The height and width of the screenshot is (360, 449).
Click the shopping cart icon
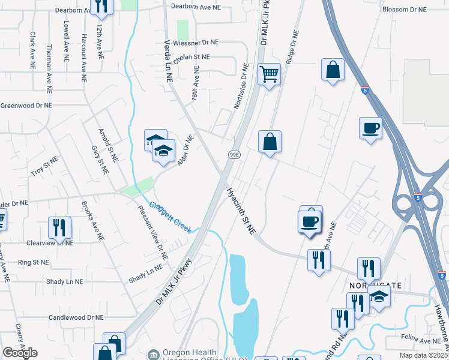pyautogui.click(x=270, y=75)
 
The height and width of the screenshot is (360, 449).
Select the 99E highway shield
pyautogui.click(x=235, y=155)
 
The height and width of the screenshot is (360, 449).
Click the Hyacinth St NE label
pyautogui.click(x=241, y=212)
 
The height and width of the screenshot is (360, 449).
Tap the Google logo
pyautogui.click(x=20, y=353)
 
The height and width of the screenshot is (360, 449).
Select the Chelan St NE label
pyautogui.click(x=191, y=58)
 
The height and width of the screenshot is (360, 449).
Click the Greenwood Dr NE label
pyautogui.click(x=26, y=105)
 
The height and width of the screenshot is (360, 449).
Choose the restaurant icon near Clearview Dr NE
pyautogui.click(x=59, y=227)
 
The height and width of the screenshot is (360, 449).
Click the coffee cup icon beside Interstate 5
pyautogui.click(x=370, y=128)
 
